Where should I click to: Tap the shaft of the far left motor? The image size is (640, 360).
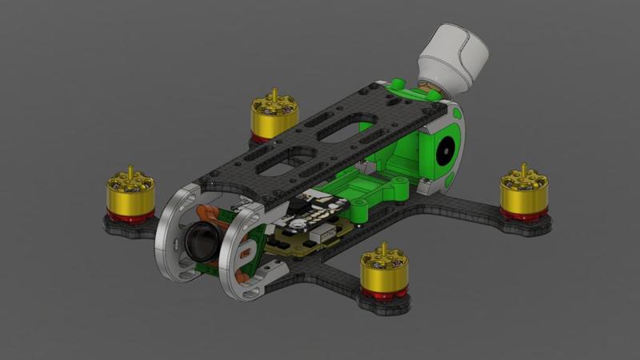tap(130, 170)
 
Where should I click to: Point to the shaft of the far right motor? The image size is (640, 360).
tap(524, 169)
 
